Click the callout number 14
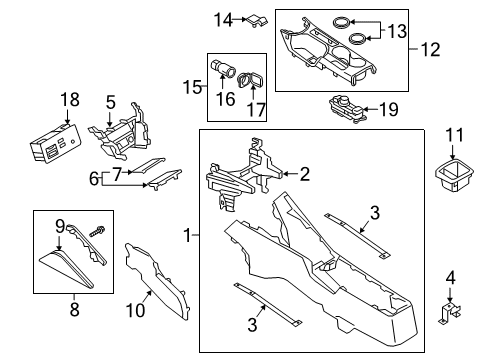[223, 20]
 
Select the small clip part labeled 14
[258, 20]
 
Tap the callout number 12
[430, 49]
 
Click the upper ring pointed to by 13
[342, 23]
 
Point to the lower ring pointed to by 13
[357, 38]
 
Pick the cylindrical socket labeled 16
[223, 68]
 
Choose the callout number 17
[256, 110]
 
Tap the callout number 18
[70, 100]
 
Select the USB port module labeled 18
[54, 144]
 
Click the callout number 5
[111, 102]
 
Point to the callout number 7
[116, 174]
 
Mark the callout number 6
[94, 178]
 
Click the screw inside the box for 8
[97, 231]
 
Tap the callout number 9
[60, 227]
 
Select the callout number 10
[135, 310]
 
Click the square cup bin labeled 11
[454, 175]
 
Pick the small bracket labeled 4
[450, 312]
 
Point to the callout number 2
[305, 174]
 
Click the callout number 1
[188, 235]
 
